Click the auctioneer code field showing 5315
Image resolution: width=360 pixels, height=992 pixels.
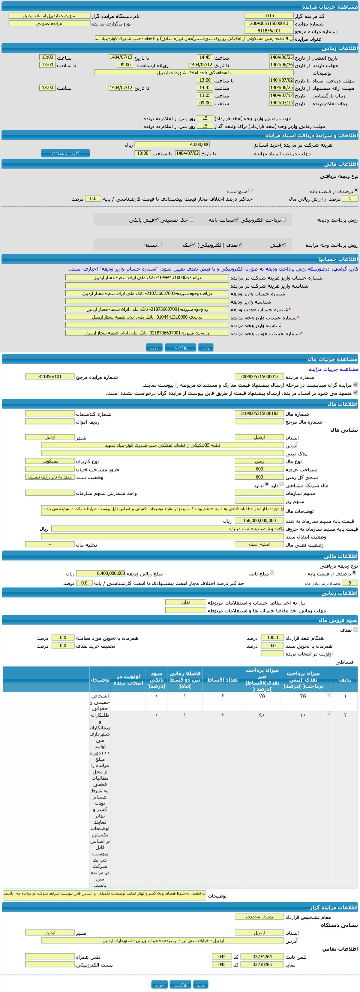269,16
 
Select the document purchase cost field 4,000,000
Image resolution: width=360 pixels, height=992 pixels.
172,145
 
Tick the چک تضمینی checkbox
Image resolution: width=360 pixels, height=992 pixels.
192,220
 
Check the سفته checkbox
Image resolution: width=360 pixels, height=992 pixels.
159,244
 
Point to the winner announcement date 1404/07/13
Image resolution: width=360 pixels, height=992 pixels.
281,103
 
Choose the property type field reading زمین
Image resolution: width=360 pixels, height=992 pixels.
259,461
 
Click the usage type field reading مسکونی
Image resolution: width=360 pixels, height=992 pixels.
50,461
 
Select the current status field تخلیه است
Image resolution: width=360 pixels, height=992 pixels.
259,544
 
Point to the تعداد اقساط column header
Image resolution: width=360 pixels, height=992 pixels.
223,680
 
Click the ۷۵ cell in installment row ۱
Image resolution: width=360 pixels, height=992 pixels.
262,696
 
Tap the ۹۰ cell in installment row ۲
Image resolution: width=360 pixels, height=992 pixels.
262,715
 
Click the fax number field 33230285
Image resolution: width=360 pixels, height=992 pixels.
262,964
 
